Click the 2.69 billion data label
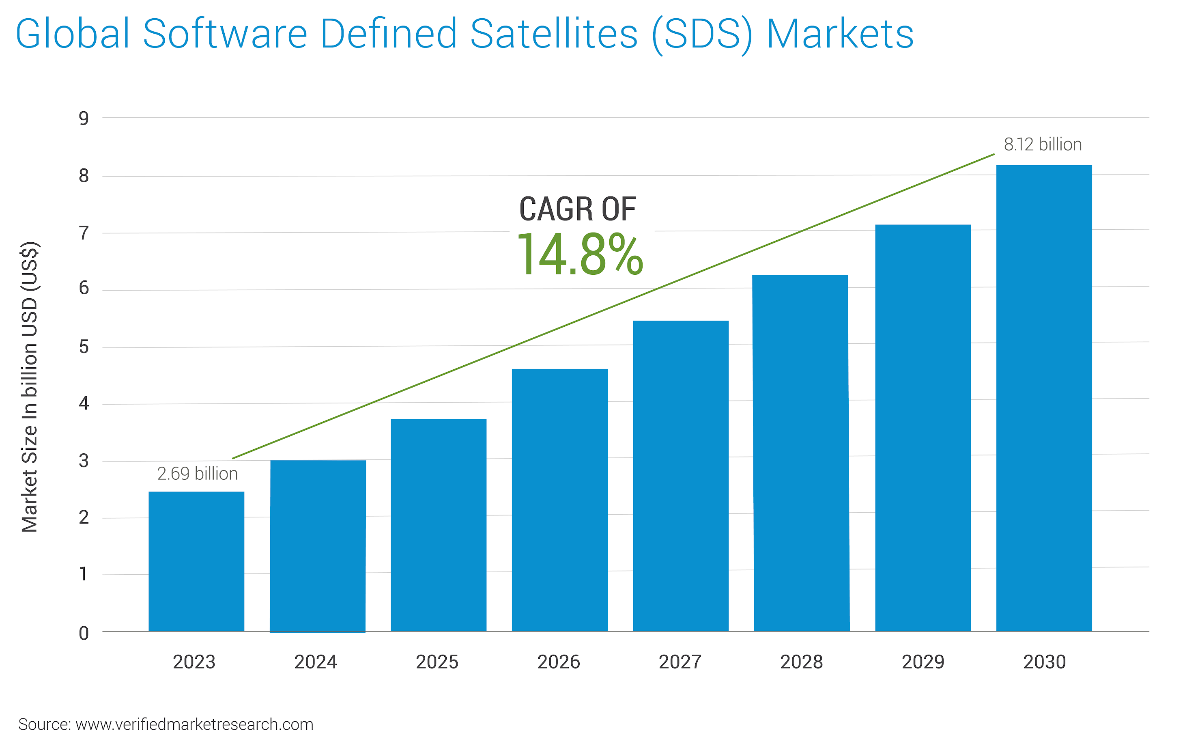(197, 474)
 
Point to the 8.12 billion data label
(1043, 144)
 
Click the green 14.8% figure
(579, 255)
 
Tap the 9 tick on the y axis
(84, 119)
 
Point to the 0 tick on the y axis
(84, 633)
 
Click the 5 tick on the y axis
(84, 347)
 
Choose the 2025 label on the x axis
(437, 662)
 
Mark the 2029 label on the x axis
(923, 662)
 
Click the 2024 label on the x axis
(316, 662)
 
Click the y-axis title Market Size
(30, 387)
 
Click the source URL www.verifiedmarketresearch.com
(194, 724)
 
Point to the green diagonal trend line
(613, 306)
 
